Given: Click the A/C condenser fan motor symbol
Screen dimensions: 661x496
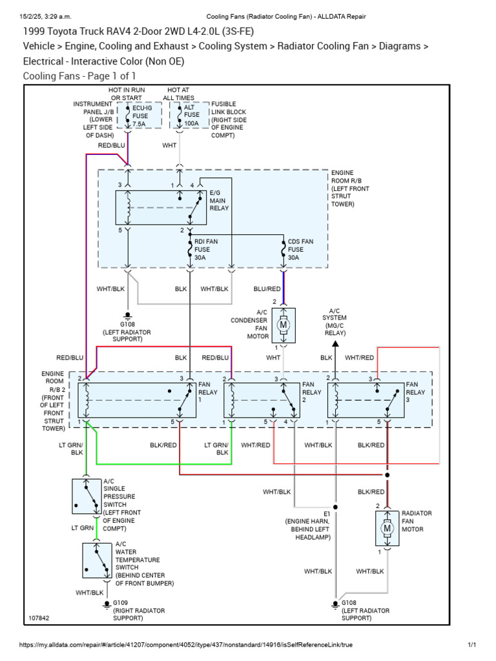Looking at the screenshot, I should [283, 324].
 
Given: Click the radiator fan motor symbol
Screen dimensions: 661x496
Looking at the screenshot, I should [387, 528].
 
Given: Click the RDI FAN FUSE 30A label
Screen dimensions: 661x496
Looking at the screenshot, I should [207, 249].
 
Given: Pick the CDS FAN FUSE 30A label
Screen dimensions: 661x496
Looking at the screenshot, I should [300, 249].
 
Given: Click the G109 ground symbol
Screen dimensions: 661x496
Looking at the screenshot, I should [107, 604].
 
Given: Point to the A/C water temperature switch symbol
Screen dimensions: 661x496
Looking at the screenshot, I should [98, 560].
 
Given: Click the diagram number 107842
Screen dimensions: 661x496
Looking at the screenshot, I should [39, 618].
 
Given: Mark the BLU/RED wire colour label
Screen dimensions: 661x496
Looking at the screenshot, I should [267, 289].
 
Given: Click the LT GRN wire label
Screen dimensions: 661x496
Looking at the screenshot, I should [82, 528].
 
